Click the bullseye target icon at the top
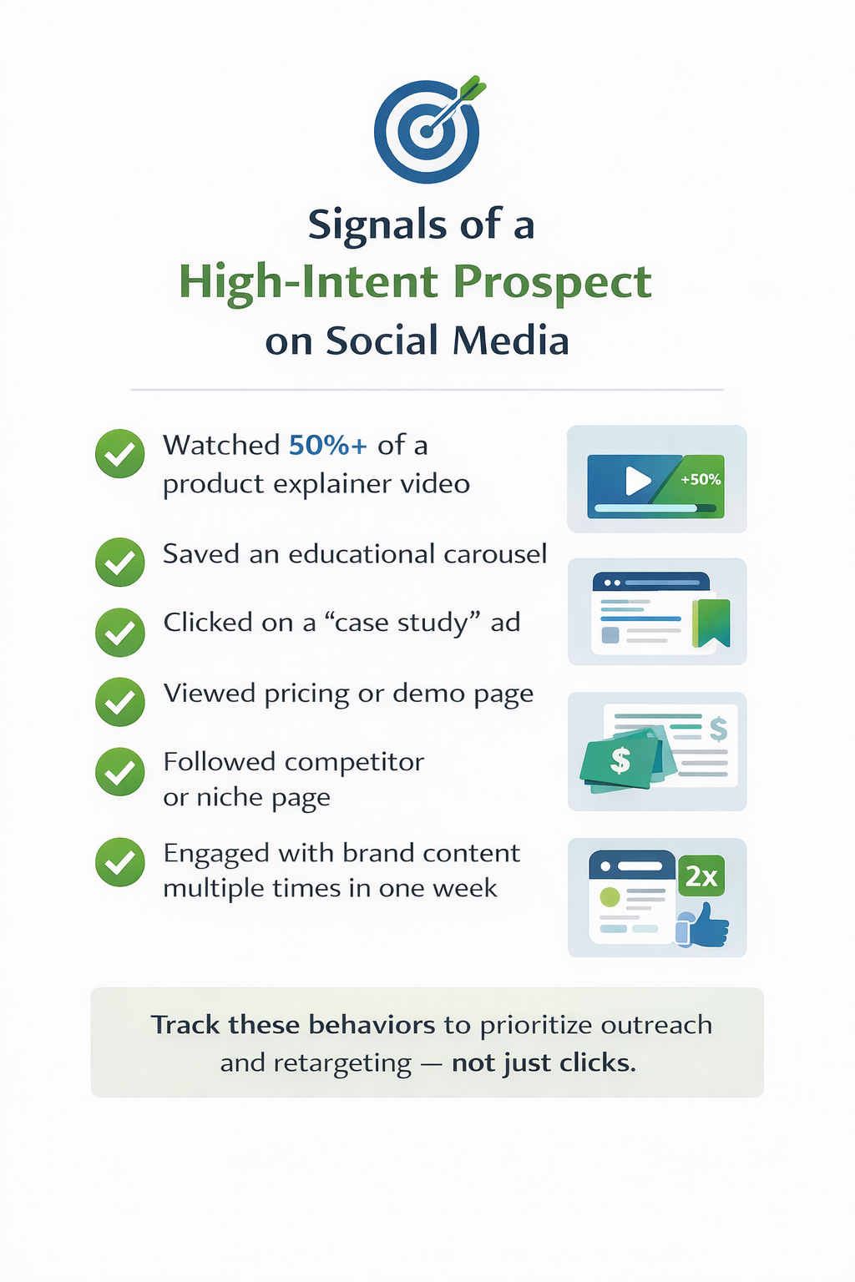pos(427,131)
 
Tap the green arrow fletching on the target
pos(473,88)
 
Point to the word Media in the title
pos(511,341)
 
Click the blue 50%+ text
pos(328,445)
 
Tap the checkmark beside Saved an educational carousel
pos(120,562)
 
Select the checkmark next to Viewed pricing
pos(120,702)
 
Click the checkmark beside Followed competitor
pos(120,772)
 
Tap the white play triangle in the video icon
pos(638,480)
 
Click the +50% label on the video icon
pos(701,480)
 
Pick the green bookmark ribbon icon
pos(711,623)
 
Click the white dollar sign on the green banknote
pos(620,760)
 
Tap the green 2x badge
pos(701,876)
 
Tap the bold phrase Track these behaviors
pos(293,1025)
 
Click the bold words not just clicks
pos(544,1063)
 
